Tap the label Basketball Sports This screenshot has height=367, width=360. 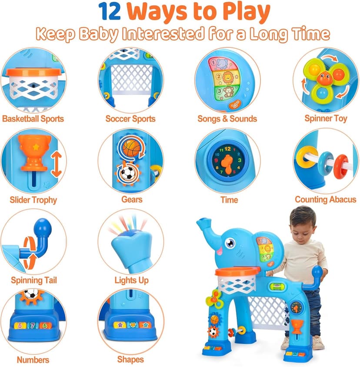33,119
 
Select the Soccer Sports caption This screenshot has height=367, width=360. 130,119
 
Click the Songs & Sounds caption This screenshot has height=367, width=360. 227,119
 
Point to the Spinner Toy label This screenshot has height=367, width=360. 326,119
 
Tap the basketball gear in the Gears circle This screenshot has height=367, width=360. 131,148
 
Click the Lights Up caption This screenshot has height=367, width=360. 131,280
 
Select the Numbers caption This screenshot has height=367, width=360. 33,360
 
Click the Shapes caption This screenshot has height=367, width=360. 130,360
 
